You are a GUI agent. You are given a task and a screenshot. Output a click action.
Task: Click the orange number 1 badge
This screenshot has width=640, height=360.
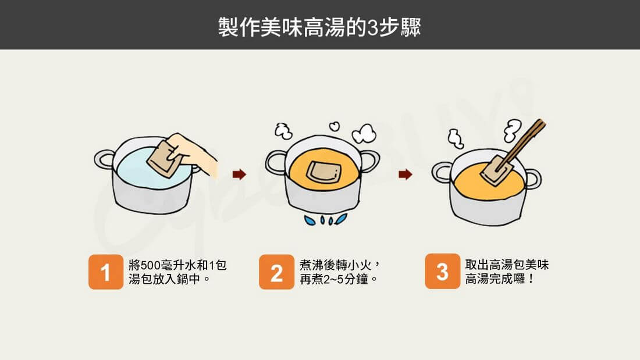point(106,272)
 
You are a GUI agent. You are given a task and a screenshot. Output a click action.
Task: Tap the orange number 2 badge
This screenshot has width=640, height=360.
point(276,272)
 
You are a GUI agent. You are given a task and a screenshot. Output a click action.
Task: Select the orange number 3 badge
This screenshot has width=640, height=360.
point(442,271)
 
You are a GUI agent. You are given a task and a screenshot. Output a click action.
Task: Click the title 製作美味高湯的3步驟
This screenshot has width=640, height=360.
point(319,27)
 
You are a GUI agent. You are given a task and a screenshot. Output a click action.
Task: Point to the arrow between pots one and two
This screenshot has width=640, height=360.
point(239,174)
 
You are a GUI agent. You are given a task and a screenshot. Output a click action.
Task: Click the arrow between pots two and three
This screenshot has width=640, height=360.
point(406,174)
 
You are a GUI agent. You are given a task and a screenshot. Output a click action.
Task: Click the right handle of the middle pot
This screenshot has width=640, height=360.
point(369,161)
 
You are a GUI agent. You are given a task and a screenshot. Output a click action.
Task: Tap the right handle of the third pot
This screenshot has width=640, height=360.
point(532,180)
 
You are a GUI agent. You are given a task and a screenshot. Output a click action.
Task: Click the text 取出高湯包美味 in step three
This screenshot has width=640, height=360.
point(507,265)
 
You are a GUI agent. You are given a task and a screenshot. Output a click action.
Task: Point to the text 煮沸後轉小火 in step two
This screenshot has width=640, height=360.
point(336,265)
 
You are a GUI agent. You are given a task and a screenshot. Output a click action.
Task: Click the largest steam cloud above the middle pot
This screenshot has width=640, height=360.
point(364,133)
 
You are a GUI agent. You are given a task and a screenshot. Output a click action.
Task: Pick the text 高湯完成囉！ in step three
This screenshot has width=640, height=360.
point(500,279)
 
